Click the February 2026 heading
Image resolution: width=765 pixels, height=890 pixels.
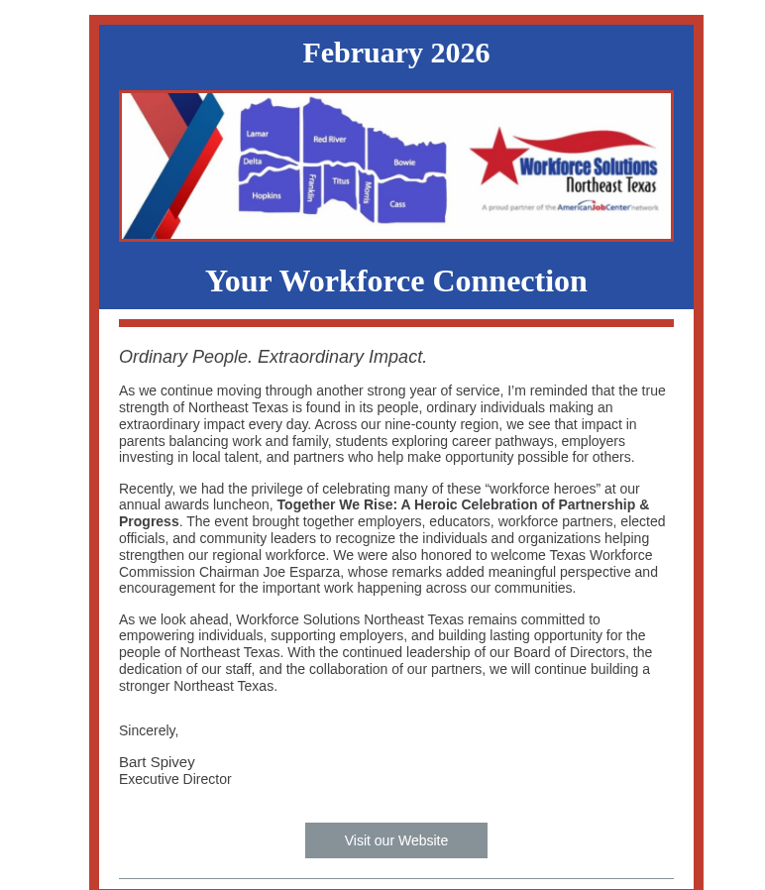coord(395,53)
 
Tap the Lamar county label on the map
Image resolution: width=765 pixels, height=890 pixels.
coord(258,134)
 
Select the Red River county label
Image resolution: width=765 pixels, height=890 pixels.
coord(330,140)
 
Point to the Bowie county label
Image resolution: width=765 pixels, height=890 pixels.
coord(404,162)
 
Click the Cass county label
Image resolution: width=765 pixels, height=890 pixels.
coord(397,204)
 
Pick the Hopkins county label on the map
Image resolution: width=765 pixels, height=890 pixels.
coord(267,196)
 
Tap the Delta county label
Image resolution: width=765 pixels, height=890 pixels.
coord(253,161)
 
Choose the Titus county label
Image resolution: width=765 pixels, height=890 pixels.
coord(341,181)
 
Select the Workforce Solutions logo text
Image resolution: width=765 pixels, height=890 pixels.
coord(588,167)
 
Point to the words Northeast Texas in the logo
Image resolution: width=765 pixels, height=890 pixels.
coord(610,185)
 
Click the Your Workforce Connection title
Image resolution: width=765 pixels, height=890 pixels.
coord(395,280)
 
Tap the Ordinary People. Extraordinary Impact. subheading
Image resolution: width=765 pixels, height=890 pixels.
coord(273,357)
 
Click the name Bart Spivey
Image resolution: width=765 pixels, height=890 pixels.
coord(157,762)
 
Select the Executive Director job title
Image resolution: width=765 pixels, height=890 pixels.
coord(175,779)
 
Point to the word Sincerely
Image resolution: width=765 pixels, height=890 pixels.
coord(149,730)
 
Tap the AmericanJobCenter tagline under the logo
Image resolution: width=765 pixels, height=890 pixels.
coord(570,207)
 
